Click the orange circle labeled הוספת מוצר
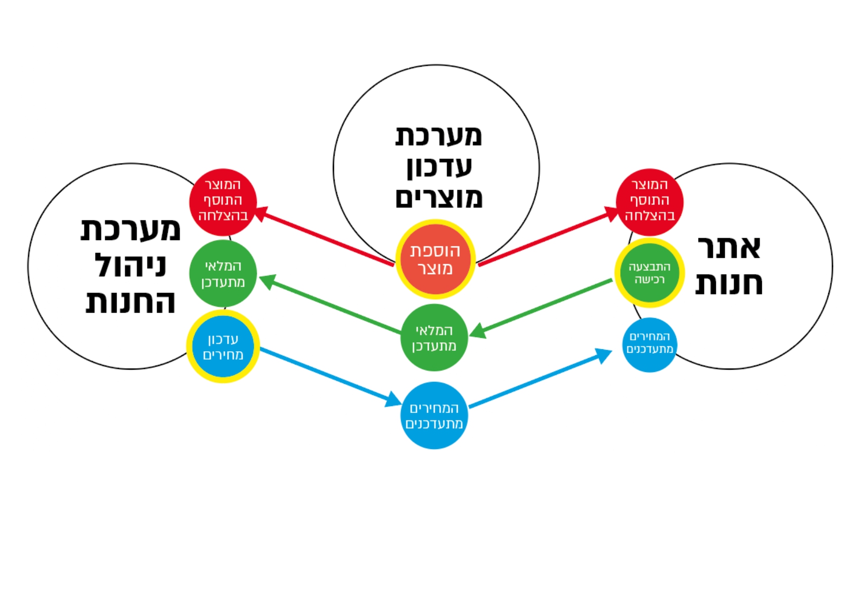[435, 260]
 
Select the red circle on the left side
[223, 202]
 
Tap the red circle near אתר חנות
[649, 202]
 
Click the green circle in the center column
[434, 337]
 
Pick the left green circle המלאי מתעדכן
[223, 273]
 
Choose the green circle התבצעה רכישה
[649, 273]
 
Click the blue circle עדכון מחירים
[223, 346]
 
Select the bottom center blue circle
[434, 415]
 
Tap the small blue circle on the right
[649, 344]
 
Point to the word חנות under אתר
[729, 283]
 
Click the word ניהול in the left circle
[130, 265]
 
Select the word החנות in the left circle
[130, 302]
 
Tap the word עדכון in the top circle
[439, 166]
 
